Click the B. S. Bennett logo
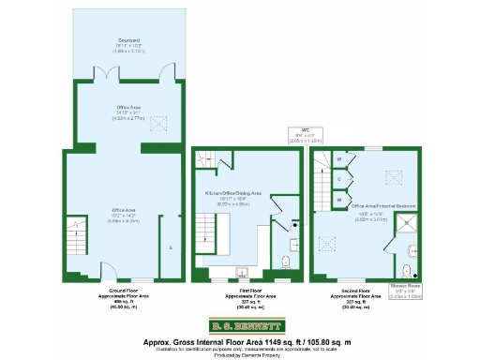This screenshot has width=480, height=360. pos(240,326)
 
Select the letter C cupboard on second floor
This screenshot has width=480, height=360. pos(338,179)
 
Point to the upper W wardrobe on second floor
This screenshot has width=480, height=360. pos(338,159)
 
